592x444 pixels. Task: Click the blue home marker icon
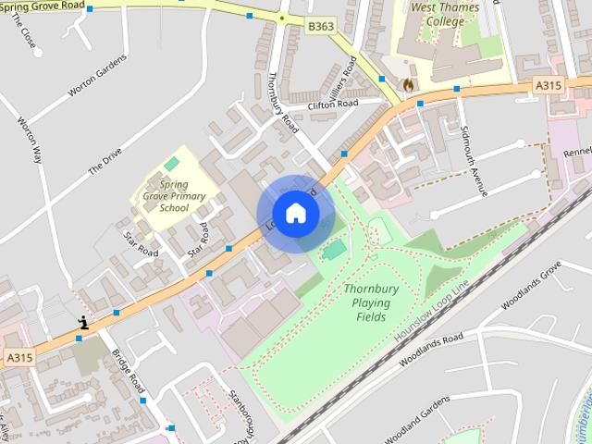click(x=295, y=214)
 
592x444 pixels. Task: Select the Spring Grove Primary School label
click(x=174, y=195)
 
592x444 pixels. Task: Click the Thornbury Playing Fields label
click(x=371, y=302)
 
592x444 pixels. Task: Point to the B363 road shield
click(x=321, y=28)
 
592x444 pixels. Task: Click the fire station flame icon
click(x=407, y=83)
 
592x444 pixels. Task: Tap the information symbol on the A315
click(x=83, y=323)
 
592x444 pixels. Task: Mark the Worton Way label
click(x=31, y=140)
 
